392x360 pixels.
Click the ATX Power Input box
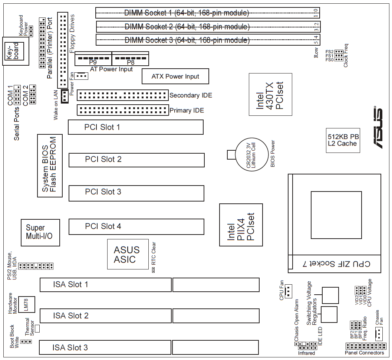[x=175, y=76]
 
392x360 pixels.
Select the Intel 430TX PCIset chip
[x=270, y=95]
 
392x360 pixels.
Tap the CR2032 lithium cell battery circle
[x=252, y=155]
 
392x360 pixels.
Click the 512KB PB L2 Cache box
[x=343, y=140]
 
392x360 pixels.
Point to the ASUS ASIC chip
[x=128, y=254]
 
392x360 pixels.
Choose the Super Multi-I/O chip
[x=40, y=233]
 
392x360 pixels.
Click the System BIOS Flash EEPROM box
[x=50, y=166]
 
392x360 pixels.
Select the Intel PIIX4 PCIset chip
[x=241, y=225]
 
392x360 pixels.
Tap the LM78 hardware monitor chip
[x=26, y=304]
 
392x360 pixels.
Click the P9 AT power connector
[x=93, y=59]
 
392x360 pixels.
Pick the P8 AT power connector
[x=131, y=59]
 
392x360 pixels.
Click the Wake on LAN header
[x=65, y=96]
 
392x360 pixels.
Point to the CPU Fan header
[x=288, y=291]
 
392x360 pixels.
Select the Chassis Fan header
[x=379, y=334]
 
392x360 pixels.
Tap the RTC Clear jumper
[x=154, y=270]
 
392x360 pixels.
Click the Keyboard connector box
[x=16, y=51]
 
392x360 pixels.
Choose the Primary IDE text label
[x=187, y=110]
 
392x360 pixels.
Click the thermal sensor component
[x=37, y=328]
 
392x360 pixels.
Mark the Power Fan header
[x=81, y=76]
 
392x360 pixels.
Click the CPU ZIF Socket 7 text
[x=336, y=264]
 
